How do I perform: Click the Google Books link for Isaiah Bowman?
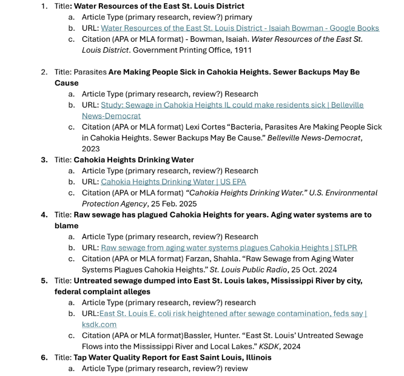point(240,28)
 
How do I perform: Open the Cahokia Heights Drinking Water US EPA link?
point(173,182)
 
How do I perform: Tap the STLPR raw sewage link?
point(229,247)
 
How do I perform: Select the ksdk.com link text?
point(100,325)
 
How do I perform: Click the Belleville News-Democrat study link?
point(232,105)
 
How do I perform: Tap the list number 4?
point(44,214)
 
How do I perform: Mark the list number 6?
point(44,357)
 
